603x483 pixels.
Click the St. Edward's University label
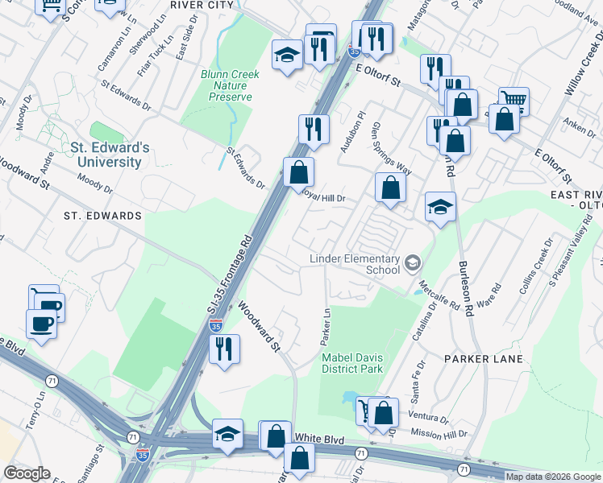110,155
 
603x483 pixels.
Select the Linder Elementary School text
356,264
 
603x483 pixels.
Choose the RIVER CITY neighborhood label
202,4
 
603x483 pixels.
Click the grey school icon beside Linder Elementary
413,263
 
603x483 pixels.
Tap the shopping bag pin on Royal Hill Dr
390,188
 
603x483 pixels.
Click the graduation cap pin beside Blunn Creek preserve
285,56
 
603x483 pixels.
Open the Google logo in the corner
27,473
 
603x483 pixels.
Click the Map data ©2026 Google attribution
553,477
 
